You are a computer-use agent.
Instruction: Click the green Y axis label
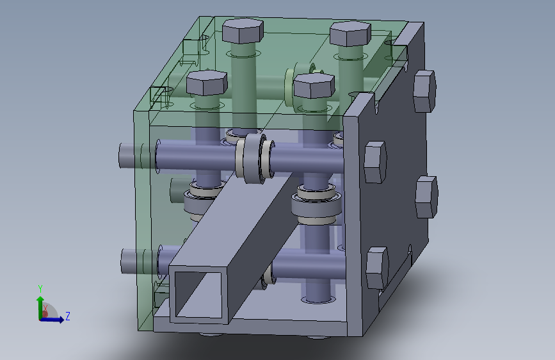[40, 289]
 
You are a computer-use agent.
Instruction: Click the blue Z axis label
[68, 316]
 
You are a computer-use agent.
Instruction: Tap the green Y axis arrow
[40, 307]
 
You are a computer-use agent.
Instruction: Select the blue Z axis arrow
[52, 320]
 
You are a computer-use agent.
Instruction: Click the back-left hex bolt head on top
[243, 31]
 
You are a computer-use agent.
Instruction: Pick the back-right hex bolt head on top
[350, 34]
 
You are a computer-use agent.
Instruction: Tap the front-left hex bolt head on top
[207, 83]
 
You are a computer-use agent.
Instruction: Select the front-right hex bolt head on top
[314, 86]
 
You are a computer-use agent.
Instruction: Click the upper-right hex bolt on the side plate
[424, 92]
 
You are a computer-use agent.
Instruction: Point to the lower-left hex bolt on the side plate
[377, 268]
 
